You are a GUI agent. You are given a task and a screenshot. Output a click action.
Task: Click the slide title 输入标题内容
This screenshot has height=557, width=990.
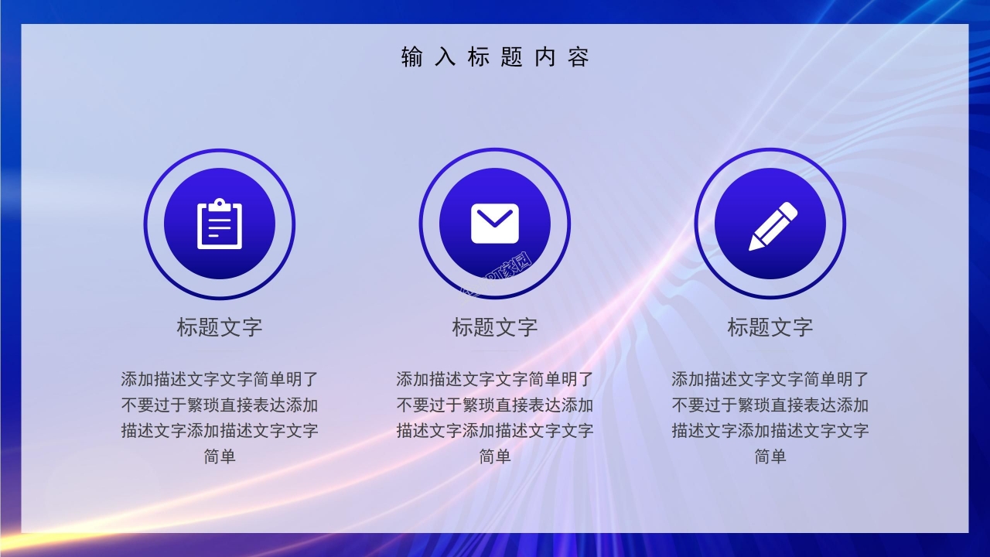(495, 57)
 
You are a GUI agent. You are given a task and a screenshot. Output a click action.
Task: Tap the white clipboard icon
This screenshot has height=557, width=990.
(220, 224)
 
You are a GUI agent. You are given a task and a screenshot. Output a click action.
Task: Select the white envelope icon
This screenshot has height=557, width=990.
(495, 224)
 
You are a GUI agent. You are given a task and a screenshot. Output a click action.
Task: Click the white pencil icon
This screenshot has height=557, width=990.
(772, 226)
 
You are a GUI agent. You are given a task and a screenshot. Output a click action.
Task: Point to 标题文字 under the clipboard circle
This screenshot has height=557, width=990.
(220, 327)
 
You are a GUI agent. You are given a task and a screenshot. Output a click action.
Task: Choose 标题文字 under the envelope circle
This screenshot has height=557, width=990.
(495, 327)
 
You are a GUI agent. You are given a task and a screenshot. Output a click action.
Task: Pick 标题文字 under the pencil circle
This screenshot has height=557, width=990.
(770, 327)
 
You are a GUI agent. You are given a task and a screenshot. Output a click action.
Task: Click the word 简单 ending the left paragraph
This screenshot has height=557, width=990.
(220, 456)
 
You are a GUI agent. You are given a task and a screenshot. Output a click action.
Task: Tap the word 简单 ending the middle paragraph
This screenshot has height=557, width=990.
(495, 456)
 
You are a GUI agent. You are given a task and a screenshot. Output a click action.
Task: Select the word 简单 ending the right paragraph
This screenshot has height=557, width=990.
(770, 456)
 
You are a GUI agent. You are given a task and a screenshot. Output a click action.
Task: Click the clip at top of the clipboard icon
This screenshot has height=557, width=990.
(220, 204)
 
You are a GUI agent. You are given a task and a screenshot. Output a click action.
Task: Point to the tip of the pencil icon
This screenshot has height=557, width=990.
(753, 246)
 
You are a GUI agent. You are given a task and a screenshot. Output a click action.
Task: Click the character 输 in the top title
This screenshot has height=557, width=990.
(411, 57)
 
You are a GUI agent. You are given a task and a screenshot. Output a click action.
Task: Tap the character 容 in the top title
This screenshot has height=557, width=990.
(579, 57)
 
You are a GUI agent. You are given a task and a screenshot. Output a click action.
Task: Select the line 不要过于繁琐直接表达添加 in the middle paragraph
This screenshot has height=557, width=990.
(495, 405)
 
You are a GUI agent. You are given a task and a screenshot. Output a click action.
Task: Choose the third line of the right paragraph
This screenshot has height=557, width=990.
(770, 431)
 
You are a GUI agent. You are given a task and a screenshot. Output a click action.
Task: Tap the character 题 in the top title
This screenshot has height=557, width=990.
(511, 57)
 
